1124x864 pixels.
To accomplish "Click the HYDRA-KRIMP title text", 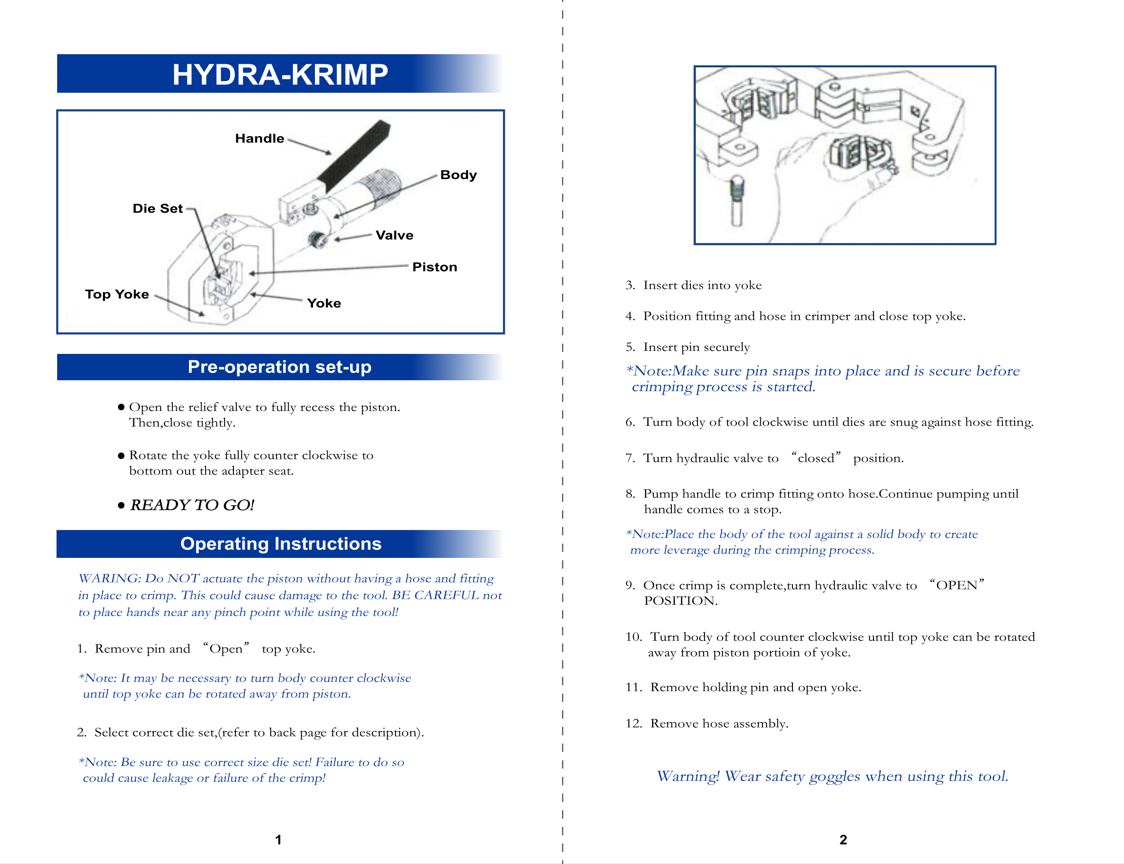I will (x=280, y=74).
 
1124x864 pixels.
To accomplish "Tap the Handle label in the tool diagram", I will (x=259, y=138).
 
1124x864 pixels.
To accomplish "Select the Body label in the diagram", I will (x=458, y=175).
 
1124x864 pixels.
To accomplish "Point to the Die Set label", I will (x=157, y=208).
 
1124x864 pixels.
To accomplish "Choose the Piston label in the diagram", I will (x=434, y=267).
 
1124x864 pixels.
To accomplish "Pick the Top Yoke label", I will (x=117, y=294).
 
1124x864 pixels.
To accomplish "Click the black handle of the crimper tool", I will (x=355, y=154).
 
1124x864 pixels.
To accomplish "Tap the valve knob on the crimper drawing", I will (x=317, y=240).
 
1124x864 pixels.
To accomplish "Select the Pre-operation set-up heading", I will (x=279, y=367).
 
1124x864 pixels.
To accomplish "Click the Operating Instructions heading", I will (x=280, y=544).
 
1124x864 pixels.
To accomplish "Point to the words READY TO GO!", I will (x=192, y=505).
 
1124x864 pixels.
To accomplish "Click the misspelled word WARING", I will (x=109, y=578).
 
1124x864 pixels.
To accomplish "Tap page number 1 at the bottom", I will (x=278, y=840).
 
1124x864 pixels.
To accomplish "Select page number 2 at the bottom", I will (x=843, y=840).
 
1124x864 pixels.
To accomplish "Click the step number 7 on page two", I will (x=630, y=458).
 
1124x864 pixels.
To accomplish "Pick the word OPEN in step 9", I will (x=957, y=585).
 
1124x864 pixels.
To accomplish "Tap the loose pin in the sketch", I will (x=737, y=201).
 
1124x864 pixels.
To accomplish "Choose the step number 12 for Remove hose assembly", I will (x=634, y=723).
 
